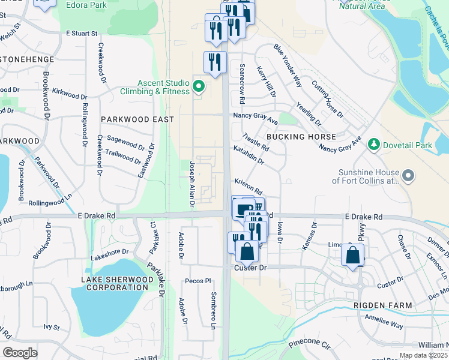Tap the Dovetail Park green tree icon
pyautogui.click(x=374, y=145)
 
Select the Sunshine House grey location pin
pyautogui.click(x=409, y=176)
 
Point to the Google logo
pyautogui.click(x=20, y=352)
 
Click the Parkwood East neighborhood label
pyautogui.click(x=137, y=119)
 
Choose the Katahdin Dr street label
pyautogui.click(x=249, y=155)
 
